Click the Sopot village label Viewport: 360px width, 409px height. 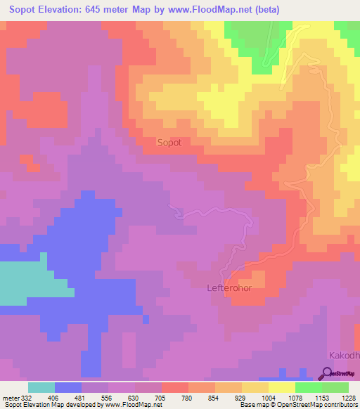tap(169, 143)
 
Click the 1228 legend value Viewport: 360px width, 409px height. tap(348, 398)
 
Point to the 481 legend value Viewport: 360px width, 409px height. tap(82, 398)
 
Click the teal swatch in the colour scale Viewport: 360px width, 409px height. tap(41, 387)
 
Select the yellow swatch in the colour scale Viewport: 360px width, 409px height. tap(282, 387)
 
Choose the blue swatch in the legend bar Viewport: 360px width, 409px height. tap(68, 387)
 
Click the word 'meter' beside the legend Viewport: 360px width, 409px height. tap(10, 398)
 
